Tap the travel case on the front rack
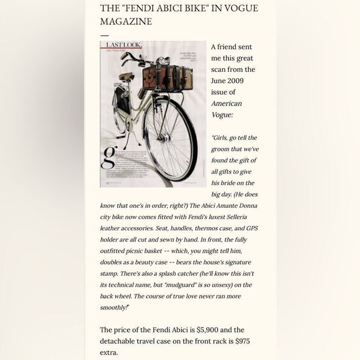(x=167, y=78)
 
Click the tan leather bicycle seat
(x=126, y=77)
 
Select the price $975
(x=238, y=341)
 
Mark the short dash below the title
(x=104, y=36)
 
